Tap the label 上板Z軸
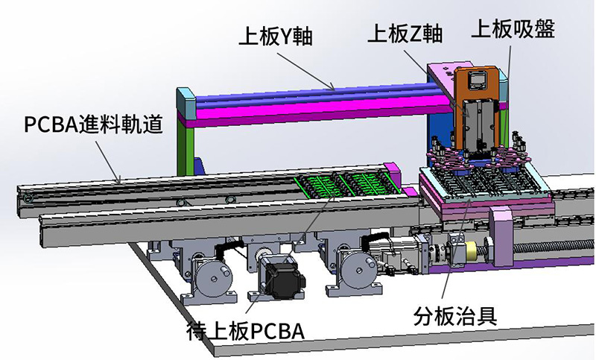406,34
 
